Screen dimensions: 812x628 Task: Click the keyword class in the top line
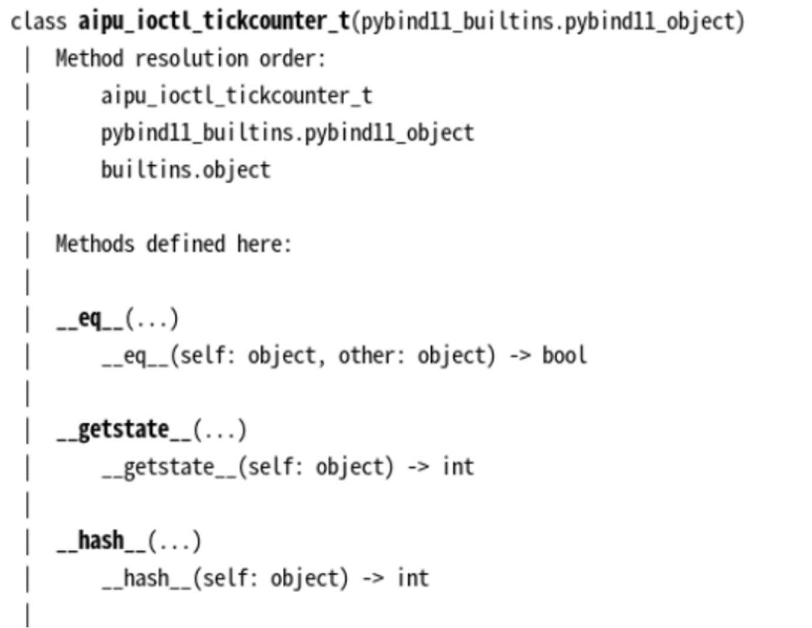click(x=39, y=22)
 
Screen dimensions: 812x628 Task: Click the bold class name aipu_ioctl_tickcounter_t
click(x=214, y=22)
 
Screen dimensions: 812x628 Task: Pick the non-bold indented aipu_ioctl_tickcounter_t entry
click(x=236, y=96)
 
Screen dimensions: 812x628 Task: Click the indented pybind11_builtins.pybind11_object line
click(x=287, y=133)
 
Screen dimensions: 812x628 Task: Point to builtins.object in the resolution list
click(x=185, y=170)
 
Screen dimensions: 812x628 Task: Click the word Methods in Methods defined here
click(x=95, y=244)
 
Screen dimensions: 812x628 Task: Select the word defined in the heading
click(x=185, y=244)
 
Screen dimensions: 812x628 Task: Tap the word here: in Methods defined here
click(x=264, y=244)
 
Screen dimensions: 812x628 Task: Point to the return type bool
click(x=564, y=356)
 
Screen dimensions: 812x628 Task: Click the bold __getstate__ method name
click(x=124, y=430)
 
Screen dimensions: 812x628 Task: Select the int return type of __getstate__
click(x=458, y=467)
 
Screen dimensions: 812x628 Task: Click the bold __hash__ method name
click(x=101, y=541)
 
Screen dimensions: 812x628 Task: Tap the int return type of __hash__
click(x=412, y=578)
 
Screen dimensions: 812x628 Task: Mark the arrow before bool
click(x=519, y=356)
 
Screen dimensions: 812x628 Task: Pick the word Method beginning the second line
click(x=89, y=59)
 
